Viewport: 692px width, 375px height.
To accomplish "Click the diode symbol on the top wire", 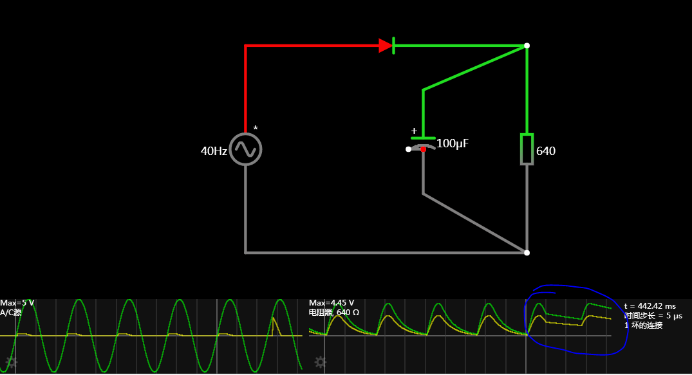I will pos(386,46).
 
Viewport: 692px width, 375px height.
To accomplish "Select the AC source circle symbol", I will pos(246,149).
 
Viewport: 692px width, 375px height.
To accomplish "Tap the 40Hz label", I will pos(214,151).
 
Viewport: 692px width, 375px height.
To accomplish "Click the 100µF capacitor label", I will pos(453,143).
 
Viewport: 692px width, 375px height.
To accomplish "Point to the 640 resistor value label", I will pos(546,152).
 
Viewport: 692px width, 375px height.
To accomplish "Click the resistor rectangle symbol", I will pos(527,149).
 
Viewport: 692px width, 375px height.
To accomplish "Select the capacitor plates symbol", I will pos(423,142).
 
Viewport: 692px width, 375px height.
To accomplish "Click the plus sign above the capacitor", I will pos(414,131).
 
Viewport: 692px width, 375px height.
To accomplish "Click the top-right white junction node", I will pos(527,46).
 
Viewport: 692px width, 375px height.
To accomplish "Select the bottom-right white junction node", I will pos(527,253).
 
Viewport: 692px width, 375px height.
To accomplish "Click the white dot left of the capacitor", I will pos(408,149).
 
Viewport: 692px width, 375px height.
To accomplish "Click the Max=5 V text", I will pos(17,303).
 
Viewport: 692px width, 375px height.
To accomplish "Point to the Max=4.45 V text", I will pos(332,303).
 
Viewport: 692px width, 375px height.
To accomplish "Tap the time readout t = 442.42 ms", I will pos(650,306).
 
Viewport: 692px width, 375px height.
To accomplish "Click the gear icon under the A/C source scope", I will pos(11,362).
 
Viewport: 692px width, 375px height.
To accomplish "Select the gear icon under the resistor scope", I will pos(320,362).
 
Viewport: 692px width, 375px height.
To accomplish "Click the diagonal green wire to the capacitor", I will pos(475,68).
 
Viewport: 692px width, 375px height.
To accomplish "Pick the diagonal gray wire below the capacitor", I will pos(475,223).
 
